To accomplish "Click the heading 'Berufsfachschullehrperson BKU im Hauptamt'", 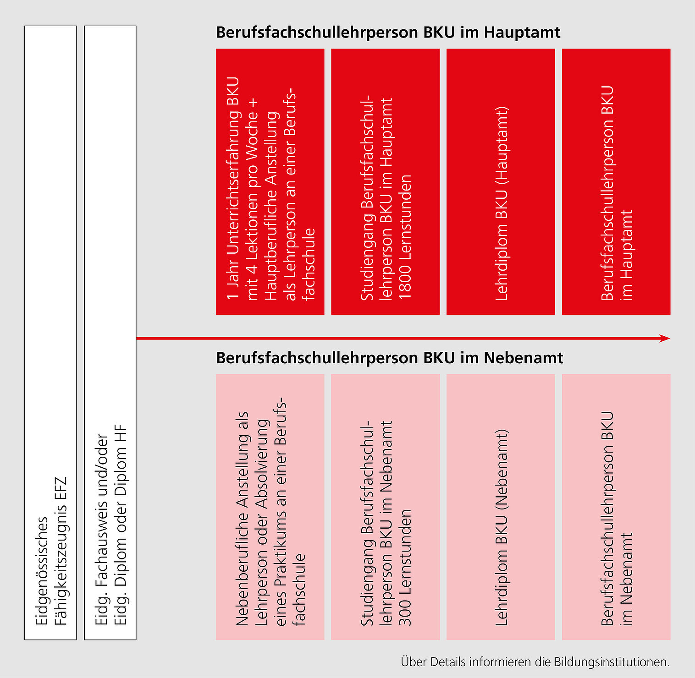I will (x=388, y=33).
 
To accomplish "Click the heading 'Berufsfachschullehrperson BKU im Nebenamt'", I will (x=389, y=358).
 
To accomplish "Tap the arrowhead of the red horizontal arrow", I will (x=665, y=339).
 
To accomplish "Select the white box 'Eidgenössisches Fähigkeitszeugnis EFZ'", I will (x=50, y=332).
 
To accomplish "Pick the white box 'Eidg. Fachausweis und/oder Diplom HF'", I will (x=110, y=332).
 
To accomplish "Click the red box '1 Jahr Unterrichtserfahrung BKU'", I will (x=270, y=181).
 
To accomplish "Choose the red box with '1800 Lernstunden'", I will (x=385, y=181).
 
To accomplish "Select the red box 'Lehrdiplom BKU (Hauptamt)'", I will (x=501, y=181).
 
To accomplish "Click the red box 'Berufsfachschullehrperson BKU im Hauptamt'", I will (x=616, y=181).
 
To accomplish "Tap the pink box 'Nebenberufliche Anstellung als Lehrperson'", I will (x=270, y=507).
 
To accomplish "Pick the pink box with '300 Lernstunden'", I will (x=385, y=507).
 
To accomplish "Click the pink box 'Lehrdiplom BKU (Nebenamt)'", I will (x=501, y=507).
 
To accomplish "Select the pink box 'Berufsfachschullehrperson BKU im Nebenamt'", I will (x=616, y=507).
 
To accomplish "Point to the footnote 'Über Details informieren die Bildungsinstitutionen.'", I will (x=535, y=662).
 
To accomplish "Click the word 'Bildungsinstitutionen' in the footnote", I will (x=612, y=662).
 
